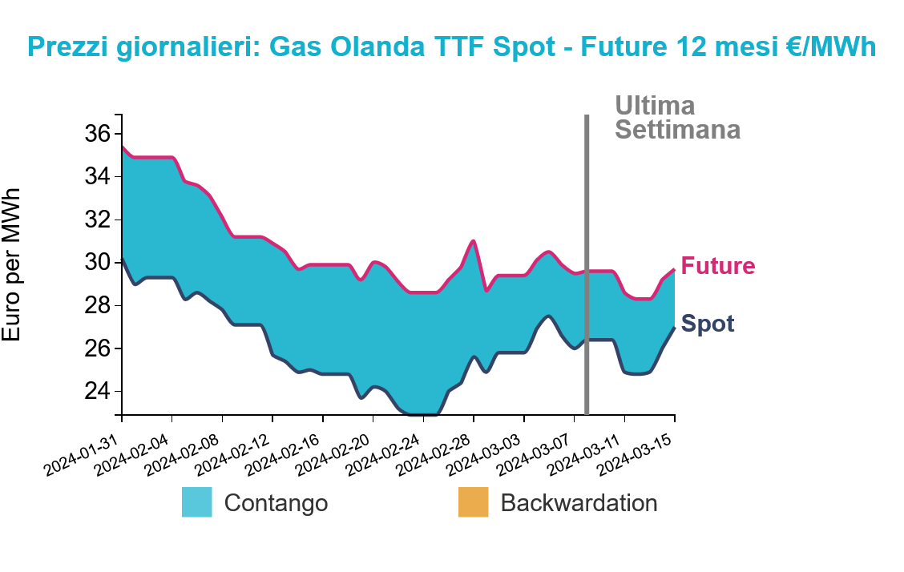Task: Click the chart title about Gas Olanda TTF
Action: pyautogui.click(x=451, y=46)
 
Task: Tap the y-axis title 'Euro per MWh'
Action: pyautogui.click(x=11, y=264)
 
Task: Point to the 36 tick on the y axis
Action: pyautogui.click(x=98, y=134)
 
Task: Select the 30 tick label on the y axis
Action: pyautogui.click(x=98, y=263)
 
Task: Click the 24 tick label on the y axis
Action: pyautogui.click(x=98, y=392)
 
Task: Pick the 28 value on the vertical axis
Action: pyautogui.click(x=98, y=305)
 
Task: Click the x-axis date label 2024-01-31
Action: pyautogui.click(x=81, y=455)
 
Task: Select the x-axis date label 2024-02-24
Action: pyautogui.click(x=383, y=455)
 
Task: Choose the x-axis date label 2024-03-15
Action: pyautogui.click(x=635, y=455)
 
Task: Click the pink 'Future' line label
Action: pyautogui.click(x=718, y=266)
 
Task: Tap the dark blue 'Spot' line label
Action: pyautogui.click(x=708, y=324)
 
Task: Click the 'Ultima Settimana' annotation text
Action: pyautogui.click(x=677, y=118)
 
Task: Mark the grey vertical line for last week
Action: pyautogui.click(x=587, y=264)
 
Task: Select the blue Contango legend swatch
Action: pyautogui.click(x=196, y=502)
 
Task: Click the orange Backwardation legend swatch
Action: pyautogui.click(x=474, y=502)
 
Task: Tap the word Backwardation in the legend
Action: pyautogui.click(x=579, y=503)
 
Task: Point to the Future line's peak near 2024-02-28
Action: pyautogui.click(x=474, y=241)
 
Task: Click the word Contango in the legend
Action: pyautogui.click(x=276, y=503)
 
